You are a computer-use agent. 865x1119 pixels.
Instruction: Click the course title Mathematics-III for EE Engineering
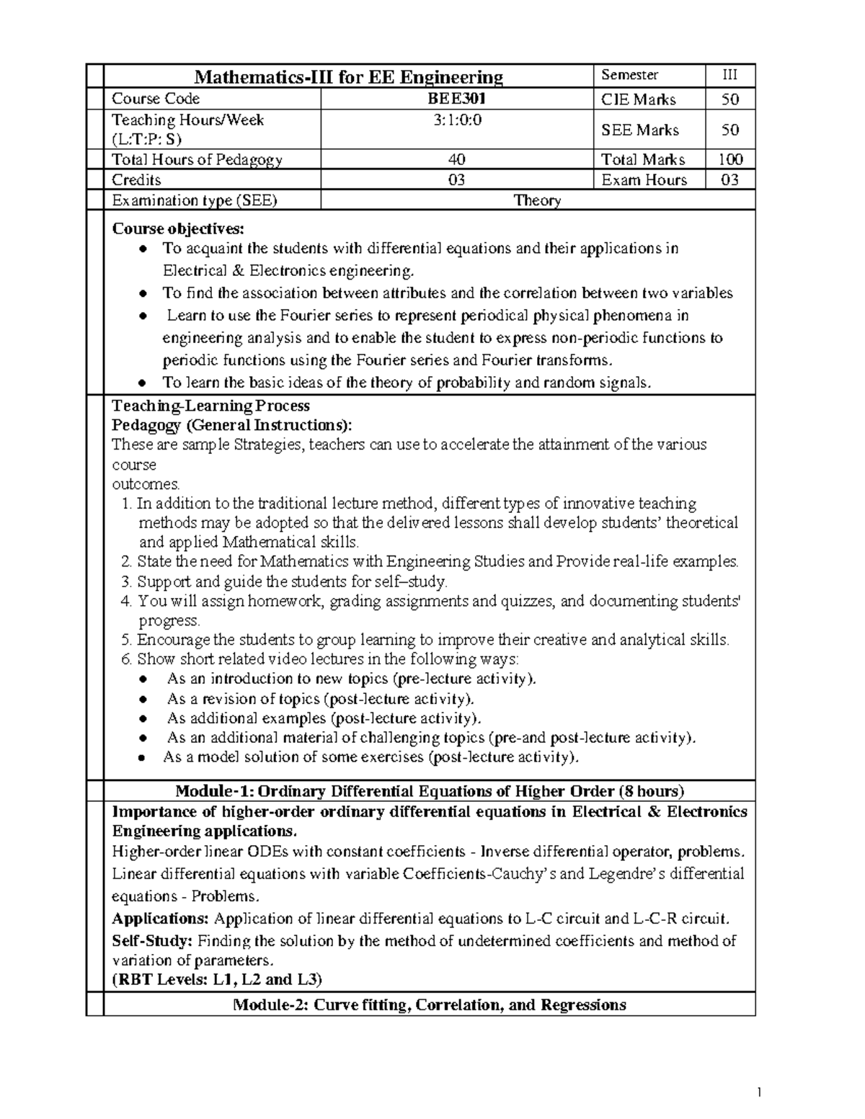(350, 76)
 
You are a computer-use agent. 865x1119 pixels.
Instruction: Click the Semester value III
(729, 75)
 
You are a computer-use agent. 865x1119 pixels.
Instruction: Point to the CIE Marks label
(638, 99)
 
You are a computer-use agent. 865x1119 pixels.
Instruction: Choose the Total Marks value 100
(730, 159)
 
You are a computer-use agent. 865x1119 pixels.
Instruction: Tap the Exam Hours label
(644, 180)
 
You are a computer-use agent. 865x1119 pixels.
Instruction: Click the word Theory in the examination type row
(537, 201)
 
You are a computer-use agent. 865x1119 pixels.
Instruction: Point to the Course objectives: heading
(178, 229)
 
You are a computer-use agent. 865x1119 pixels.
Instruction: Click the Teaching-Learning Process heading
(210, 406)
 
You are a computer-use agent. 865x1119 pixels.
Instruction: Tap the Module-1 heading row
(430, 790)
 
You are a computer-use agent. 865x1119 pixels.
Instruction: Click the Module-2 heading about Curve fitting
(430, 1004)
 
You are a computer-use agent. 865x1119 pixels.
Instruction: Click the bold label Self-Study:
(152, 940)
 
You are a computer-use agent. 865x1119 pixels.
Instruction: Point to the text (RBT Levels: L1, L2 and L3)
(217, 979)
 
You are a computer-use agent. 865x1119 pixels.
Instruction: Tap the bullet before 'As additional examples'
(145, 718)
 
